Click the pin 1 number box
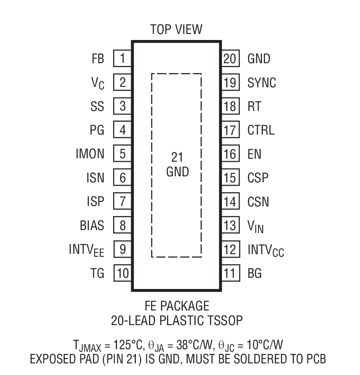coord(122,58)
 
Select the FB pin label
coord(98,58)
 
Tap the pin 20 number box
coord(230,58)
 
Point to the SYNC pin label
coord(262,83)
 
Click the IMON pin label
coord(89,154)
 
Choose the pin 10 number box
coord(122,273)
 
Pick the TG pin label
coord(98,273)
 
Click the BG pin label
coord(255,273)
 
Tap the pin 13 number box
coord(230,225)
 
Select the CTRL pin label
coord(261,130)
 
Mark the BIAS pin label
coord(92,225)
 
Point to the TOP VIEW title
coord(176,30)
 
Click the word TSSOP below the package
coord(223,320)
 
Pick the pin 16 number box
coord(230,154)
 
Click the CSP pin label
coord(258,178)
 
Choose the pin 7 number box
coord(122,201)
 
